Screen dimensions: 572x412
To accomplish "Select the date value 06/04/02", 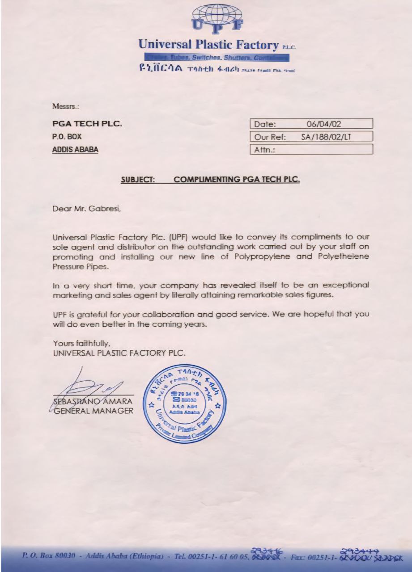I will point(323,124).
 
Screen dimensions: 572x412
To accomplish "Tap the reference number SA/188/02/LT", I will point(326,137).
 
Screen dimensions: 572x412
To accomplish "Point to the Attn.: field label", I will point(264,150).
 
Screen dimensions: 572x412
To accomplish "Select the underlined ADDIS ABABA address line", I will point(75,149).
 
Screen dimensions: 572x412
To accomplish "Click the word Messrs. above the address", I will point(65,107).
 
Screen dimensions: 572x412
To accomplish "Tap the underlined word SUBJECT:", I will point(138,180).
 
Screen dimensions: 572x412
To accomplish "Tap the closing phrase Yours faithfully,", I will point(81,344).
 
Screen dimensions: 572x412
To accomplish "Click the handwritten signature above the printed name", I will point(92,384).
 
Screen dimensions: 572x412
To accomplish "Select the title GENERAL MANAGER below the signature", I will point(93,410).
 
